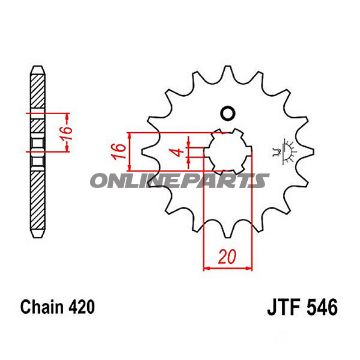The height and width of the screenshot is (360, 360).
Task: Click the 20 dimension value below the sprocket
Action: click(232, 257)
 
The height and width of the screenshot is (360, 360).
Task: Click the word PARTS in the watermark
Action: click(233, 180)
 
